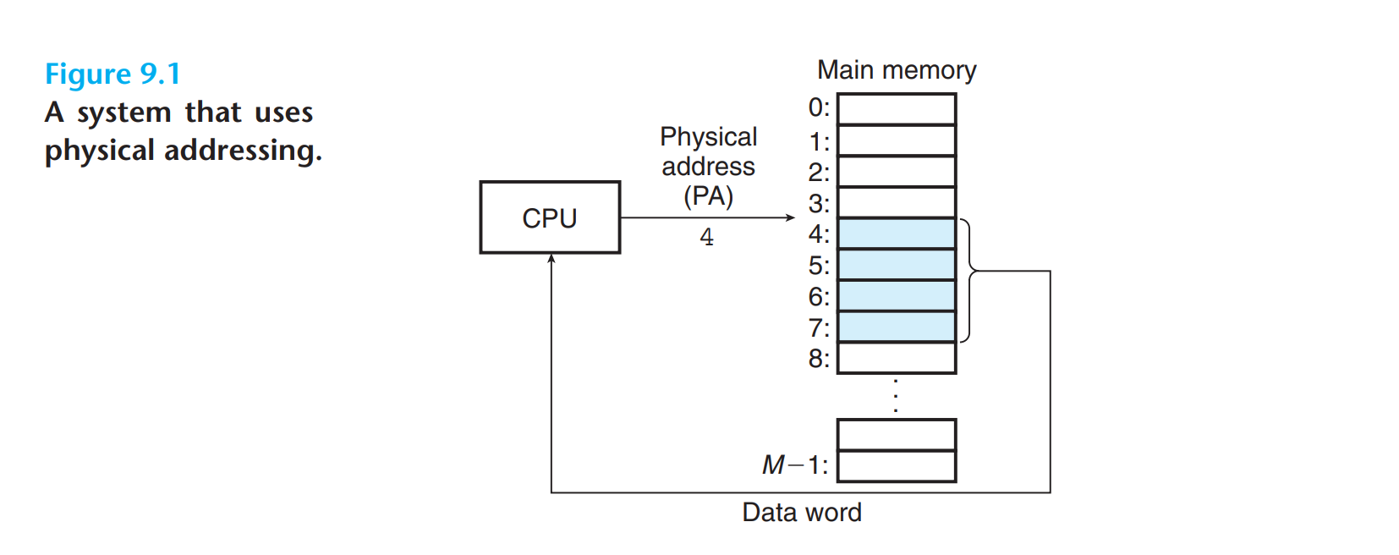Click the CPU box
[x=550, y=217]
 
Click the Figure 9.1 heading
[x=112, y=74]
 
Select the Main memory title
[x=897, y=70]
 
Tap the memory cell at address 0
[x=897, y=109]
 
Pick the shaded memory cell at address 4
[x=897, y=234]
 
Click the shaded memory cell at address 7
[x=897, y=327]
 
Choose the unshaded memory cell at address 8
[x=897, y=358]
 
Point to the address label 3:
[x=819, y=204]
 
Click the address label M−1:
[x=795, y=465]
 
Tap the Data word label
[x=802, y=513]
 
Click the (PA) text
[x=708, y=196]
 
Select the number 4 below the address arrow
[x=706, y=238]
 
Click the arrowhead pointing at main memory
[x=790, y=217]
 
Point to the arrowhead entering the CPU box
[x=551, y=259]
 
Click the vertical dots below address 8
[x=897, y=396]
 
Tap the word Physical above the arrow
[x=708, y=137]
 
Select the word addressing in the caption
[x=243, y=151]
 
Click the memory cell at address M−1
[x=897, y=466]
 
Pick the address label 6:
[x=819, y=297]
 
